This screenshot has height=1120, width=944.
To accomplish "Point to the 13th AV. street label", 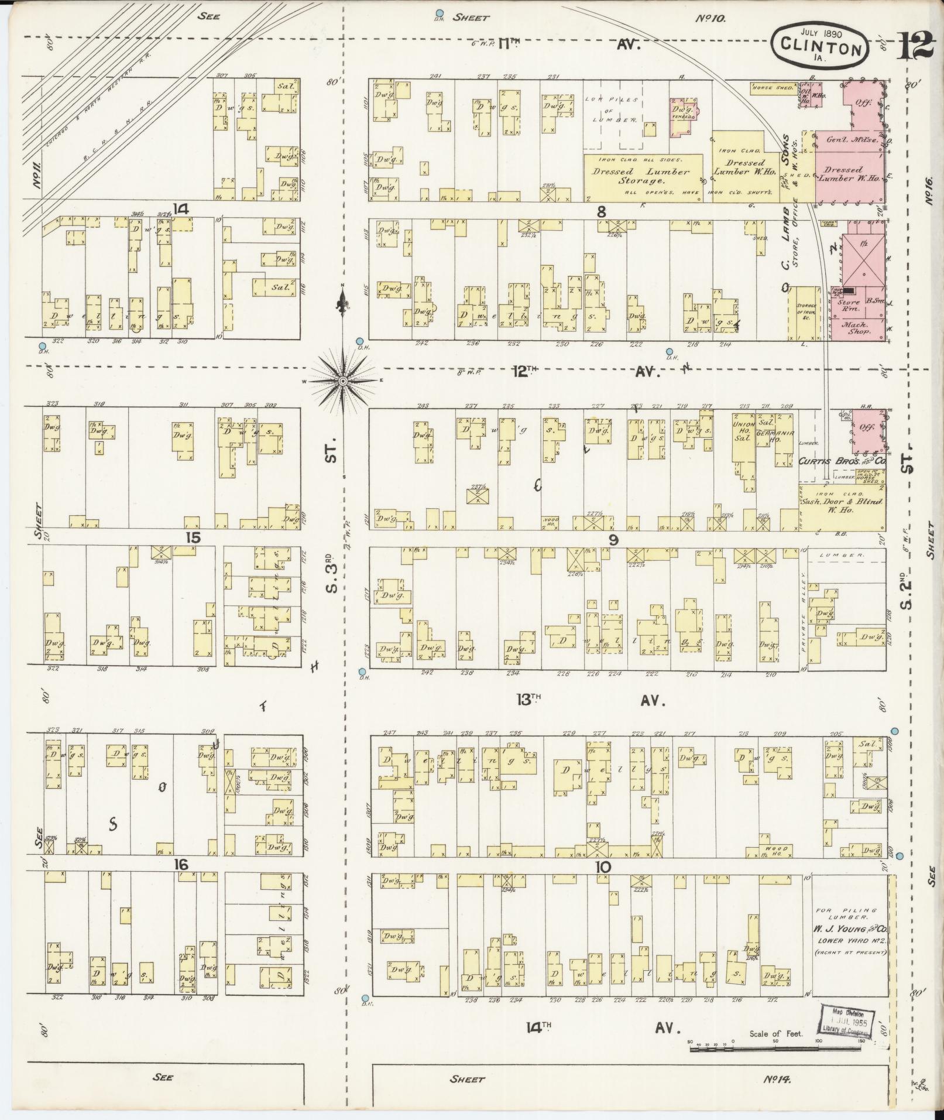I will (x=591, y=701).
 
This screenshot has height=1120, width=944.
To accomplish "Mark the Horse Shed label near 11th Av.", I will (x=773, y=88).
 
